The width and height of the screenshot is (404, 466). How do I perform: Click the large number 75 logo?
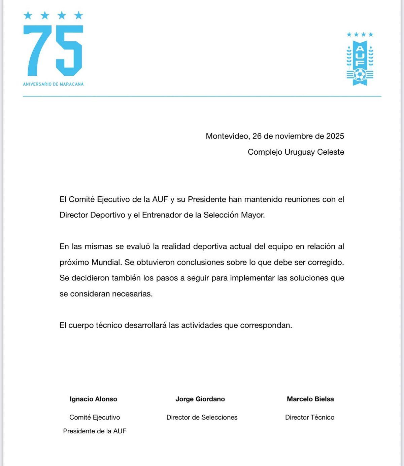coord(53,50)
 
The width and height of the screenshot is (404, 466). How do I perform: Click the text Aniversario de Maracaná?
coord(53,84)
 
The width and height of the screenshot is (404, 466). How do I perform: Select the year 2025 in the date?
coord(335,136)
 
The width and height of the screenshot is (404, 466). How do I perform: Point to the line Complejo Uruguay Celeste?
coord(296,152)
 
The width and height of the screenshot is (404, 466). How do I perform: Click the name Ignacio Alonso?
coord(93,399)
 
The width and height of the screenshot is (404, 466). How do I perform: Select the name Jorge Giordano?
coord(200,399)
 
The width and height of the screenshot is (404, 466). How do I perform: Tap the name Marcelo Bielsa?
coord(310,399)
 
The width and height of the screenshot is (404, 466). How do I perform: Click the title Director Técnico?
coord(310,417)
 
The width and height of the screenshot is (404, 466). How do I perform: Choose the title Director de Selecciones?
coord(202,417)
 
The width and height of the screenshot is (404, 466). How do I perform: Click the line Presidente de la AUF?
coord(95,431)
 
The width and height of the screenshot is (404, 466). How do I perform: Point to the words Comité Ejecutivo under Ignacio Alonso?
coord(95,417)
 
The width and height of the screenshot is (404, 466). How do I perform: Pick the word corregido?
coord(326,262)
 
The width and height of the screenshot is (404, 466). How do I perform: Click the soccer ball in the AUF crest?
coord(360,75)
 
